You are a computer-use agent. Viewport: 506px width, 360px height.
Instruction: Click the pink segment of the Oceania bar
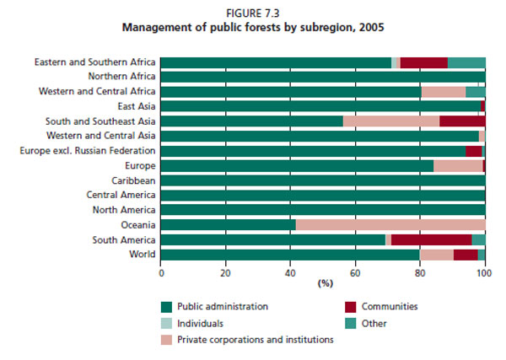point(390,225)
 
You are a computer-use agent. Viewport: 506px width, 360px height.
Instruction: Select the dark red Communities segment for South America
point(431,240)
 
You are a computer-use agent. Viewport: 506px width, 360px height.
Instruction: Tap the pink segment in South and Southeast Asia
point(391,121)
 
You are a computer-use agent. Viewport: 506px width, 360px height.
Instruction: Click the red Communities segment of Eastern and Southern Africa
point(423,62)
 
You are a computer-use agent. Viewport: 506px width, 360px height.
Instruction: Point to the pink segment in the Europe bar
point(458,165)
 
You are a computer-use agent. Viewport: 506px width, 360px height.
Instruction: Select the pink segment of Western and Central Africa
point(443,92)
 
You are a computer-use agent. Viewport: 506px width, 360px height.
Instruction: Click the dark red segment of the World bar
point(466,255)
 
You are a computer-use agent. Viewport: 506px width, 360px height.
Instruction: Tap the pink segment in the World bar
point(437,255)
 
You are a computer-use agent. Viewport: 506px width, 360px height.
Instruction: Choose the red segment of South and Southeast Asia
point(462,121)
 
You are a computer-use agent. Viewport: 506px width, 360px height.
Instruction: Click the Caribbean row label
point(132,180)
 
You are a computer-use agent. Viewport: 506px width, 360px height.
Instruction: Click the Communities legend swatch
point(353,307)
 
